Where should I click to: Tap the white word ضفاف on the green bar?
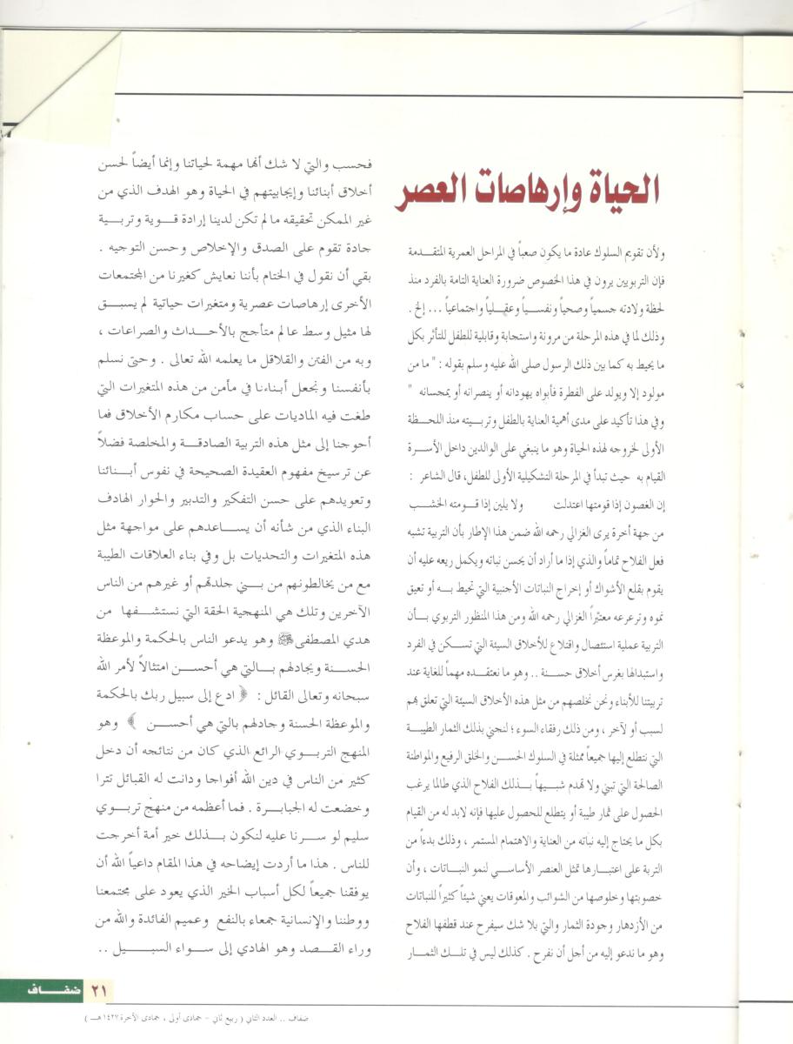[x=52, y=989]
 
